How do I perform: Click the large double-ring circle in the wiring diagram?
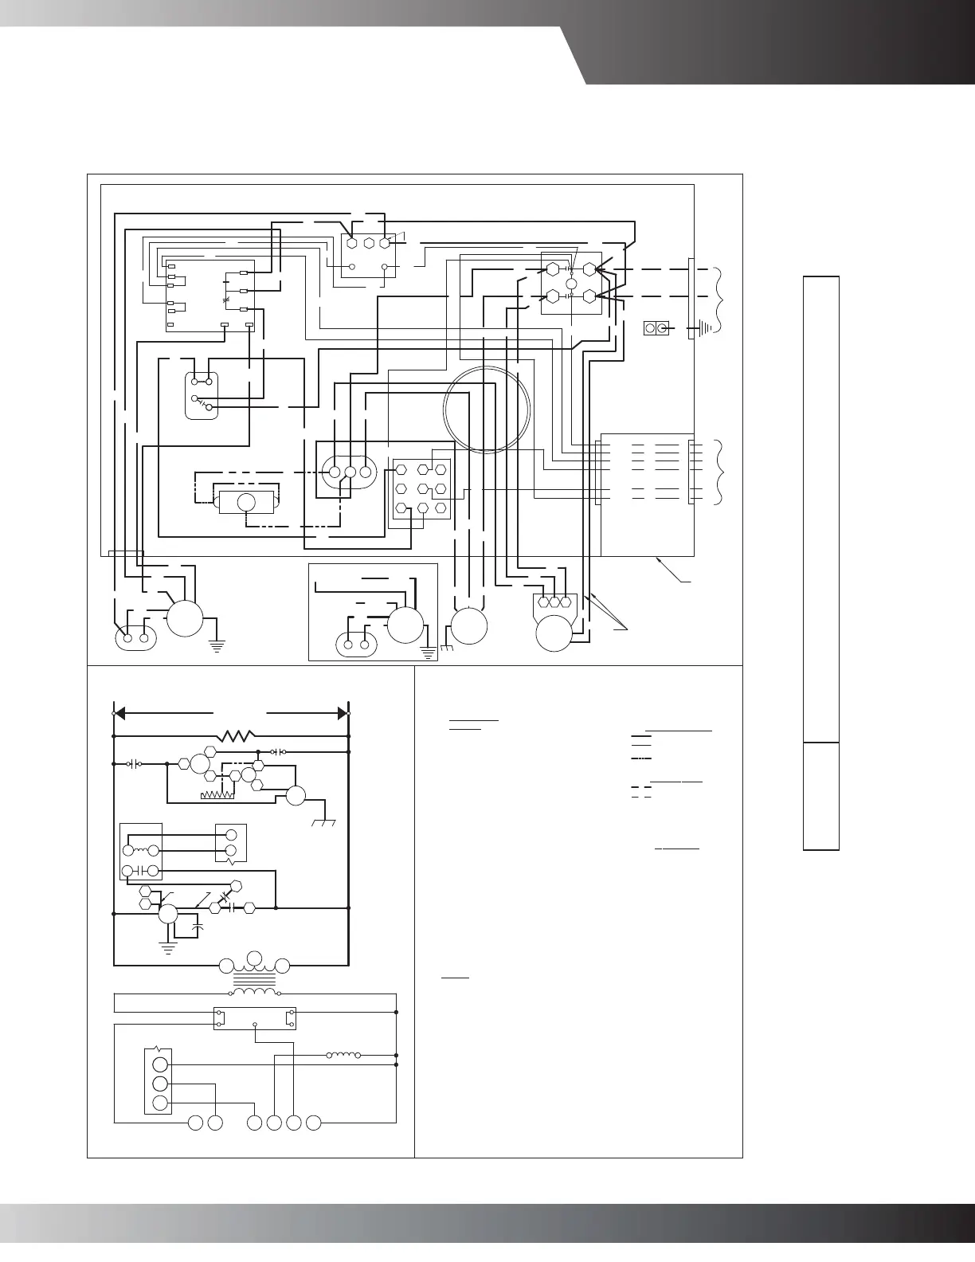(487, 410)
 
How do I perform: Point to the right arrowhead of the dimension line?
(343, 712)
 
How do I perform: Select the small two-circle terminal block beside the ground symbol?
(656, 328)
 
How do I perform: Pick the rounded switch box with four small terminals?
(201, 395)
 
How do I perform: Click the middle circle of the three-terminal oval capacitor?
(350, 472)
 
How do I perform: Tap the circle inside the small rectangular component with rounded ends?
(246, 503)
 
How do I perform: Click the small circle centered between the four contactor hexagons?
(570, 284)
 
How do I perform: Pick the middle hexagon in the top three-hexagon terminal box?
(369, 243)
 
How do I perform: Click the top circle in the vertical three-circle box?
(160, 1064)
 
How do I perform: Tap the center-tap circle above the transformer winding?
(254, 957)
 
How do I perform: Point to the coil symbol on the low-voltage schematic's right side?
(343, 1056)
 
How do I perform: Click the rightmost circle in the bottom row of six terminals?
(314, 1123)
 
